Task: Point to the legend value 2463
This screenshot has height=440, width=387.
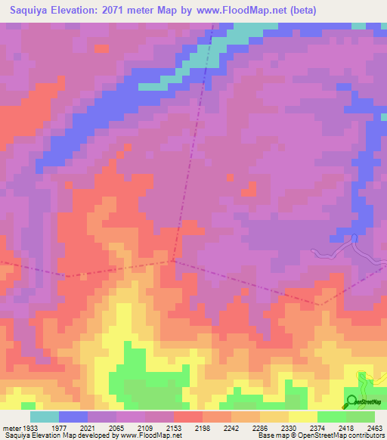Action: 376,429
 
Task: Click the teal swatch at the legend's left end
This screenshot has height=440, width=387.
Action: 45,417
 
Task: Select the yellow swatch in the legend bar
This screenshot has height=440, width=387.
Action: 303,417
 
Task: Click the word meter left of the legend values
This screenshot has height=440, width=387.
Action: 11,429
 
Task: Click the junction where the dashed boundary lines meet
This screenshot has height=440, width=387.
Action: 173,261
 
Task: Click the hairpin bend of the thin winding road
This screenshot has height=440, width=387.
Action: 354,238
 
